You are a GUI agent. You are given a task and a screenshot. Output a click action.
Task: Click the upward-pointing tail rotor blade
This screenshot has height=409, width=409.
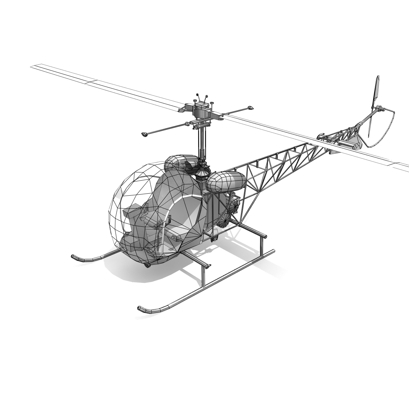376,90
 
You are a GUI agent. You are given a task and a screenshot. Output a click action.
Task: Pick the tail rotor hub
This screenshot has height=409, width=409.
378,109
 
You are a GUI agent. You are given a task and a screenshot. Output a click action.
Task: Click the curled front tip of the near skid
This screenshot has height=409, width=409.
140,309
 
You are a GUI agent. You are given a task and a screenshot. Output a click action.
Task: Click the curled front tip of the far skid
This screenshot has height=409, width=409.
74,256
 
